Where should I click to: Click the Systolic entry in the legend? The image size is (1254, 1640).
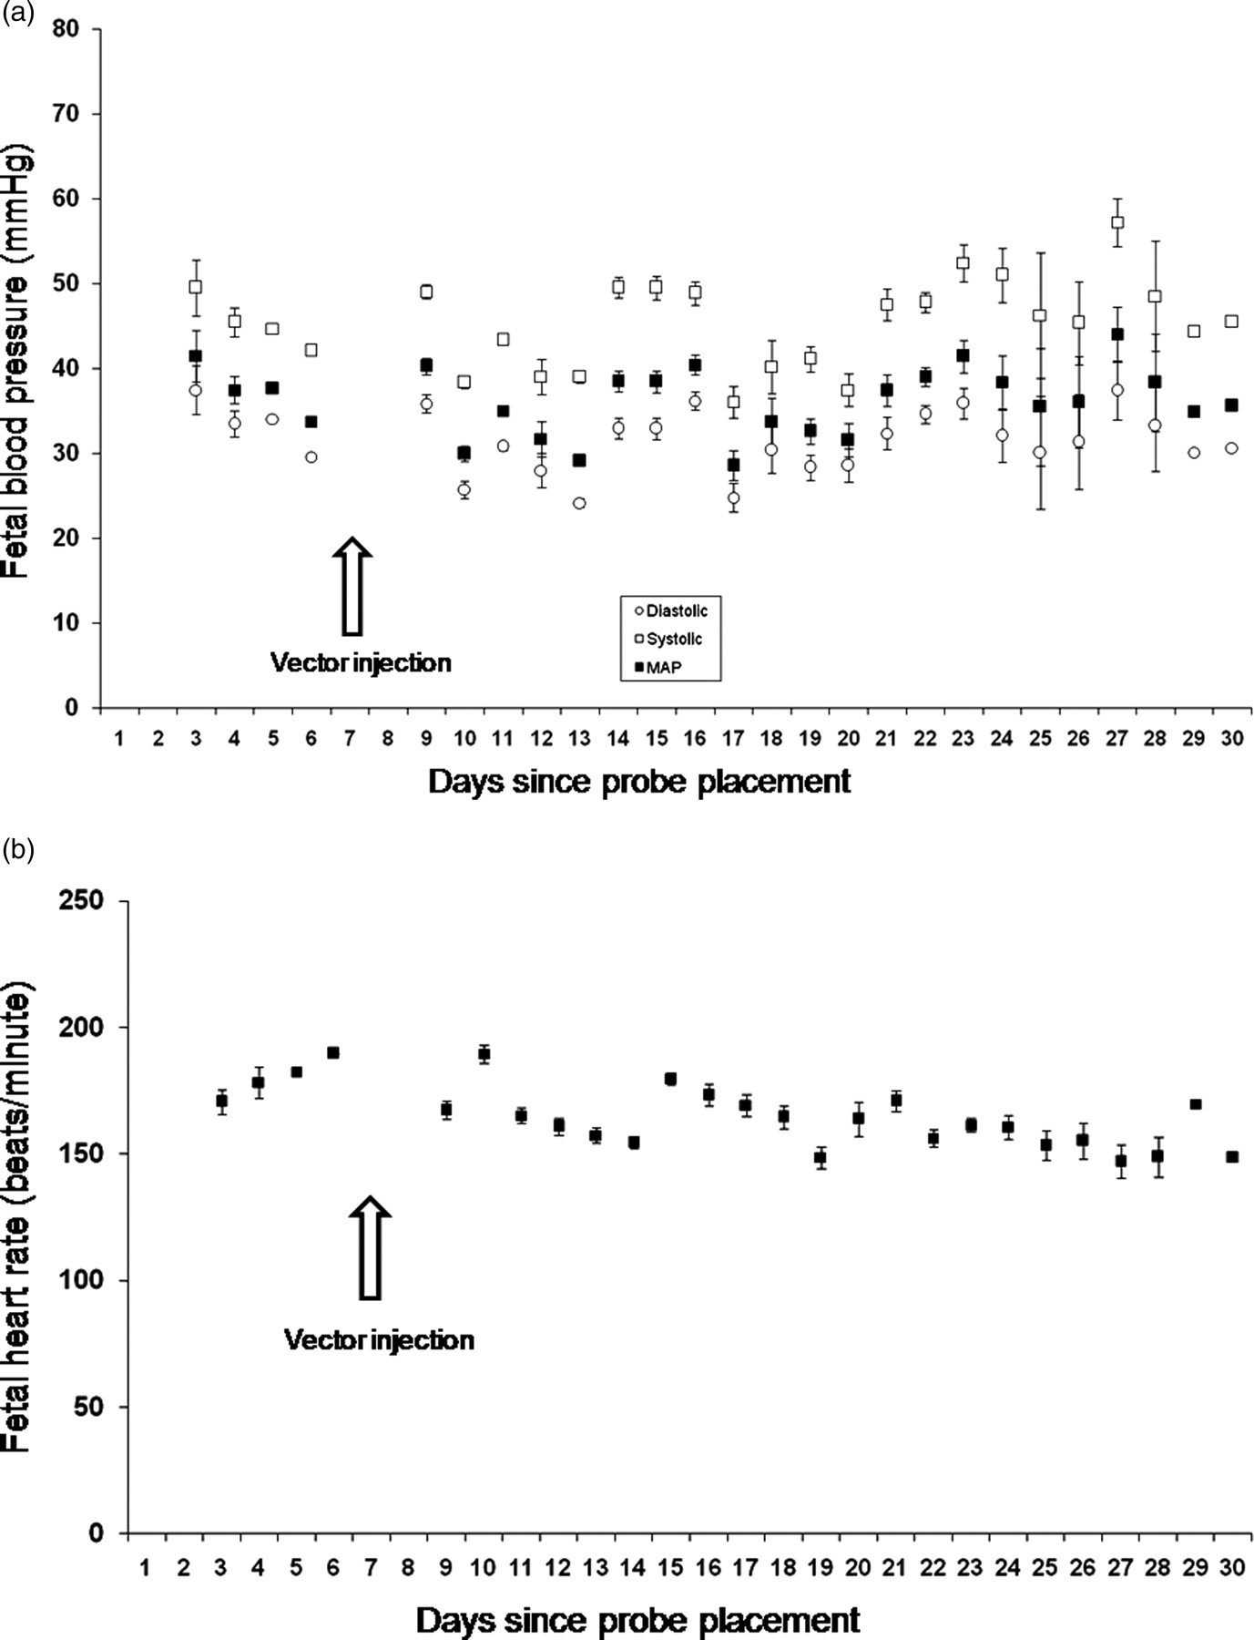coord(668,640)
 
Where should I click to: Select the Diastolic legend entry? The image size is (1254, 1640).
coord(670,611)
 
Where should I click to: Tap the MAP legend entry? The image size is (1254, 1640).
coord(658,668)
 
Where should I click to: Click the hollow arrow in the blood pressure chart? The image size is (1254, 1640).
coord(352,586)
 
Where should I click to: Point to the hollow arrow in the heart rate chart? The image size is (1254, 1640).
coord(370,1246)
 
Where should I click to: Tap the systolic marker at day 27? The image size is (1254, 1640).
coord(1117,222)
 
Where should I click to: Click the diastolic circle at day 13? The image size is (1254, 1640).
coord(579,503)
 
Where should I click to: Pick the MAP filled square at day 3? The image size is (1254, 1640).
coord(196,356)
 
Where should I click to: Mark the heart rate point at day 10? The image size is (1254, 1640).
coord(484,1054)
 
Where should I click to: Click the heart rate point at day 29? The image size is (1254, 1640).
coord(1196,1104)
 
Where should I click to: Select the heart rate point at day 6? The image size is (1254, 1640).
coord(333,1052)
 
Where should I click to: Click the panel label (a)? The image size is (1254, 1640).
coord(18,12)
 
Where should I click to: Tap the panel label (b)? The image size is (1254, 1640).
coord(18,850)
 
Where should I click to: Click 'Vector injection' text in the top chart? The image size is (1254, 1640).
coord(361,662)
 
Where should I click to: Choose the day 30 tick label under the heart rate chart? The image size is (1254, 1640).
coord(1231,1567)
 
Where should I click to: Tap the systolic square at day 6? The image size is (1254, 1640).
coord(311,350)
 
